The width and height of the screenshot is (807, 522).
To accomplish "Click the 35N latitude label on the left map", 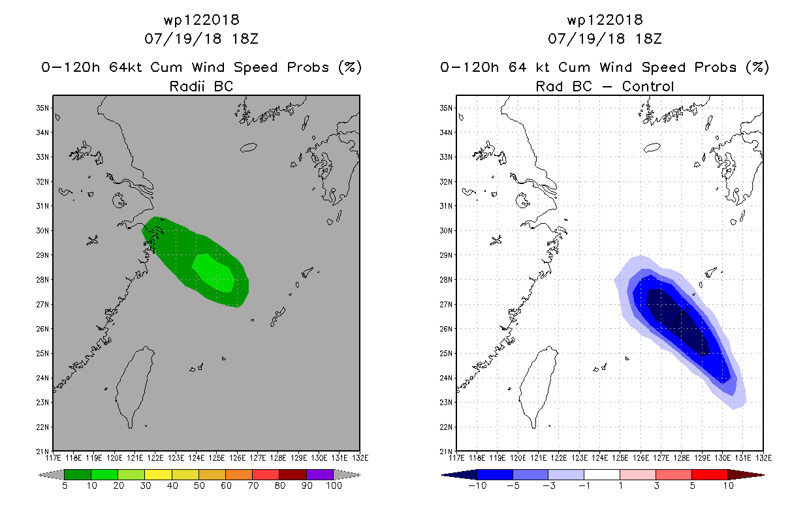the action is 42,108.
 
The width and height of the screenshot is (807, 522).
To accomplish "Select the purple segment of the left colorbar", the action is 320,474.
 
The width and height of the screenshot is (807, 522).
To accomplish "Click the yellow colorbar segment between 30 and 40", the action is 159,474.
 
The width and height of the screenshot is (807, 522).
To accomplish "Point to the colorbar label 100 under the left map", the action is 334,485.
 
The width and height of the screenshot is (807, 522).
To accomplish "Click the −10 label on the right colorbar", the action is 477,485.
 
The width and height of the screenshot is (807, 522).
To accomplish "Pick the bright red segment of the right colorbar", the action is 710,474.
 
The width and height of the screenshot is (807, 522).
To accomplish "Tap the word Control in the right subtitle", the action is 648,87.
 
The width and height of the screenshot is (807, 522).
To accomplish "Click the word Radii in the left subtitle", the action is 187,87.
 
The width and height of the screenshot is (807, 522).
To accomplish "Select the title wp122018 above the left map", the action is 201,20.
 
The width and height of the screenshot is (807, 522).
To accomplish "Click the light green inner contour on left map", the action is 214,273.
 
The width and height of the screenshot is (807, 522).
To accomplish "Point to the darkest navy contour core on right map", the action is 677,322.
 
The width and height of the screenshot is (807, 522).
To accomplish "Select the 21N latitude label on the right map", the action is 446,452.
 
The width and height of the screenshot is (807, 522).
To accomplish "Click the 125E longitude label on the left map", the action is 217,458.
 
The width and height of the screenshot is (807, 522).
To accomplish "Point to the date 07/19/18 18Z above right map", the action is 605,38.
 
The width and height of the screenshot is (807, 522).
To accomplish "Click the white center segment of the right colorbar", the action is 601,474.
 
